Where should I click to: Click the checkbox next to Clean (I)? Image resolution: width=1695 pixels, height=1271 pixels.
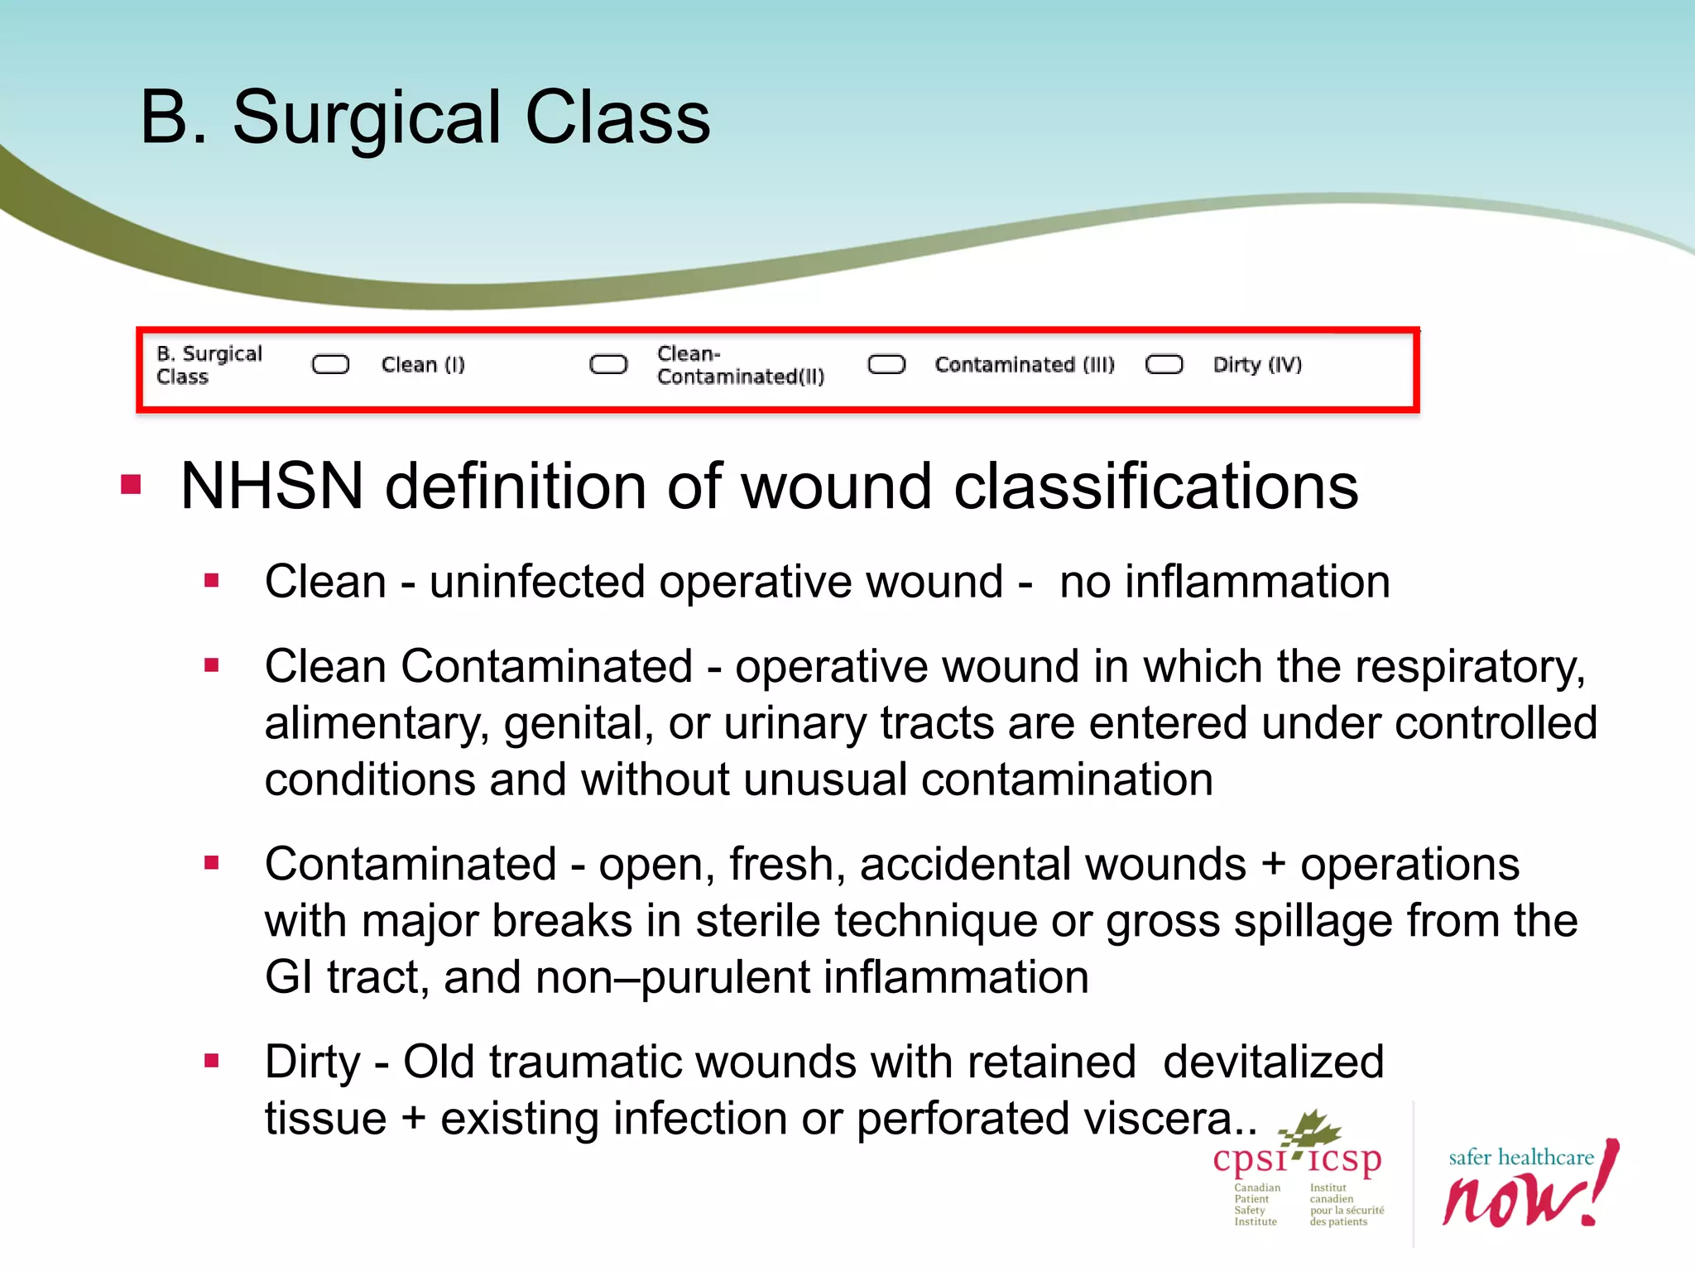pos(330,364)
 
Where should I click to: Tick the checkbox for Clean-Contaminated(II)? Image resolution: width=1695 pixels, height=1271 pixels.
pos(608,364)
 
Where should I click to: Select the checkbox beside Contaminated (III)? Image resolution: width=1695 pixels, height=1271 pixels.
pos(886,364)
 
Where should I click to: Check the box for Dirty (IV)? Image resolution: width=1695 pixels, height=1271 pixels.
pos(1164,364)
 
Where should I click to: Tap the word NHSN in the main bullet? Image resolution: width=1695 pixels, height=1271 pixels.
pos(271,487)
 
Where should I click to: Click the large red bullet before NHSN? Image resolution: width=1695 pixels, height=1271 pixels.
pos(131,484)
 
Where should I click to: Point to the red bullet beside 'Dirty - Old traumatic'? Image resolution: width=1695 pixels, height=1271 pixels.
pos(212,1061)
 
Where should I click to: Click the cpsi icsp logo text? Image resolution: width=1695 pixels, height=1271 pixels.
pos(1297,1160)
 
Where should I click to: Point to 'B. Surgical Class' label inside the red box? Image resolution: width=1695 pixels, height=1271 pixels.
pos(209,365)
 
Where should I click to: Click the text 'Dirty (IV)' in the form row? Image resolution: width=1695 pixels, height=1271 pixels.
pos(1257,365)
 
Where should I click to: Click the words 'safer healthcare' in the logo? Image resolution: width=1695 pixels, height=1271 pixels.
pos(1520,1157)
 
